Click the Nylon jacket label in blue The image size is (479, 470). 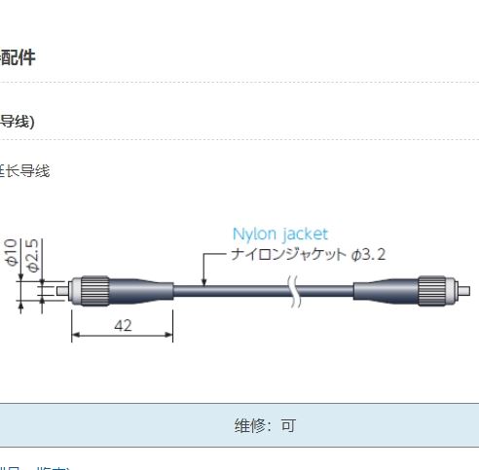[280, 234]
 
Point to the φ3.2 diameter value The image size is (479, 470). [368, 254]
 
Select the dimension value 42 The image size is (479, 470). [123, 326]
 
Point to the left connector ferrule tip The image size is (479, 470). [64, 289]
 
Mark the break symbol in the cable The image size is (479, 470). [294, 289]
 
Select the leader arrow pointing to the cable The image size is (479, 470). [204, 270]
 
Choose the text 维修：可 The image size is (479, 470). [264, 425]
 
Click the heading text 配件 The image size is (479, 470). [18, 58]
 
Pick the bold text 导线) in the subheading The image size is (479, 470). [18, 122]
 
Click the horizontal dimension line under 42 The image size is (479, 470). [123, 338]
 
